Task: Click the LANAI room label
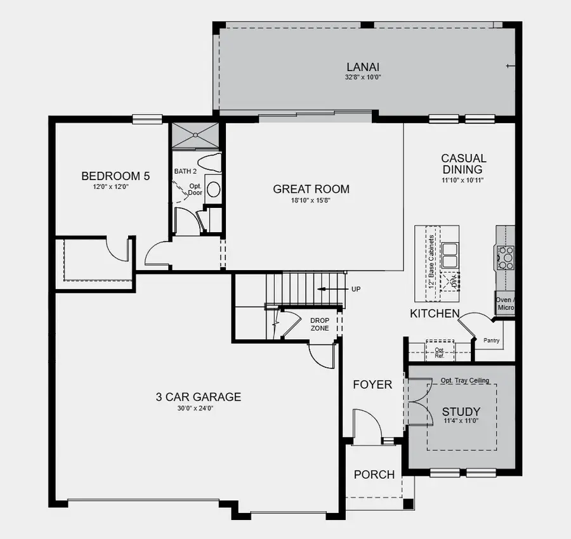(364, 66)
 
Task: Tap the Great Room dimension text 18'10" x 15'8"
(311, 200)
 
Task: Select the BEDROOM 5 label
(115, 176)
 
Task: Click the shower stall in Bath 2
(197, 134)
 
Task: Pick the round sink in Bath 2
(214, 189)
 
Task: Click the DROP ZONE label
(319, 325)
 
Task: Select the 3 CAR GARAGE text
(198, 398)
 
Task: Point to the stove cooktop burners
(506, 258)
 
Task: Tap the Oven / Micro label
(506, 304)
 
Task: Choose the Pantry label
(491, 341)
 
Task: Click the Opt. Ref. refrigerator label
(439, 353)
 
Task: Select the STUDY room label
(461, 412)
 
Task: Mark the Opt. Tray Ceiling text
(465, 380)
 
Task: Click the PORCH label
(374, 474)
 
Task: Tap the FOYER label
(372, 384)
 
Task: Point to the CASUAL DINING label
(464, 164)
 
